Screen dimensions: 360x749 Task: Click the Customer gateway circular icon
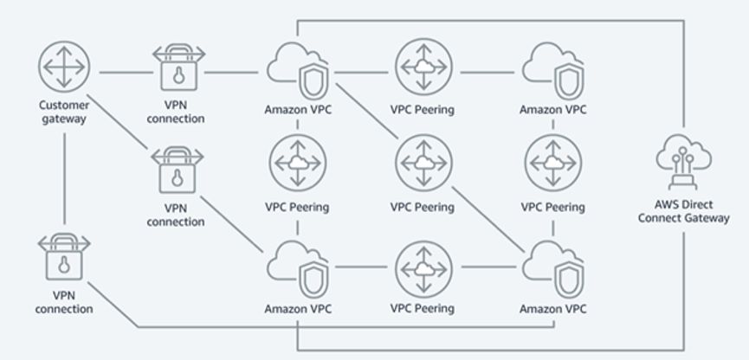(x=64, y=67)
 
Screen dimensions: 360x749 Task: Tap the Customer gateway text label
(x=64, y=112)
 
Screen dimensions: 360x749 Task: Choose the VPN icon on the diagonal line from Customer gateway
(x=178, y=168)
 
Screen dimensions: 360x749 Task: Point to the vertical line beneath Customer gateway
(x=64, y=182)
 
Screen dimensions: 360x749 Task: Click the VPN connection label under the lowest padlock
(x=64, y=303)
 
